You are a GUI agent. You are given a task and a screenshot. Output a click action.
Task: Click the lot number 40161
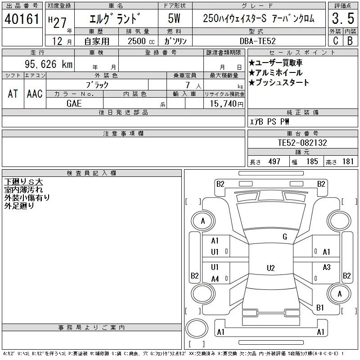tap(22, 19)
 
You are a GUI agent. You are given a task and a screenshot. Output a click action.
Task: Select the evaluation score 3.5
tap(343, 18)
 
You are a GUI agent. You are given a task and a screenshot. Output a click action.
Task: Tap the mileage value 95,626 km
tap(49, 64)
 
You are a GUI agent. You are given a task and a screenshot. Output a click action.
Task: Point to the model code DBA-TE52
tap(257, 41)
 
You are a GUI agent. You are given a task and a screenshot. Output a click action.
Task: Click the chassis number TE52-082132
tap(302, 143)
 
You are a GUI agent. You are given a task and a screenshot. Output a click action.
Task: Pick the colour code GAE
tap(74, 103)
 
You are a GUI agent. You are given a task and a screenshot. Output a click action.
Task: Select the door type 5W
tap(174, 18)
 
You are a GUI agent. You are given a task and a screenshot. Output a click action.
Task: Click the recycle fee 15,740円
tap(227, 104)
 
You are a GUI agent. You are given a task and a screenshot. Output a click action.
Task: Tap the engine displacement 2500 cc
tap(141, 41)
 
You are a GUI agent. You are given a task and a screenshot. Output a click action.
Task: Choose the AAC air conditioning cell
tap(35, 94)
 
